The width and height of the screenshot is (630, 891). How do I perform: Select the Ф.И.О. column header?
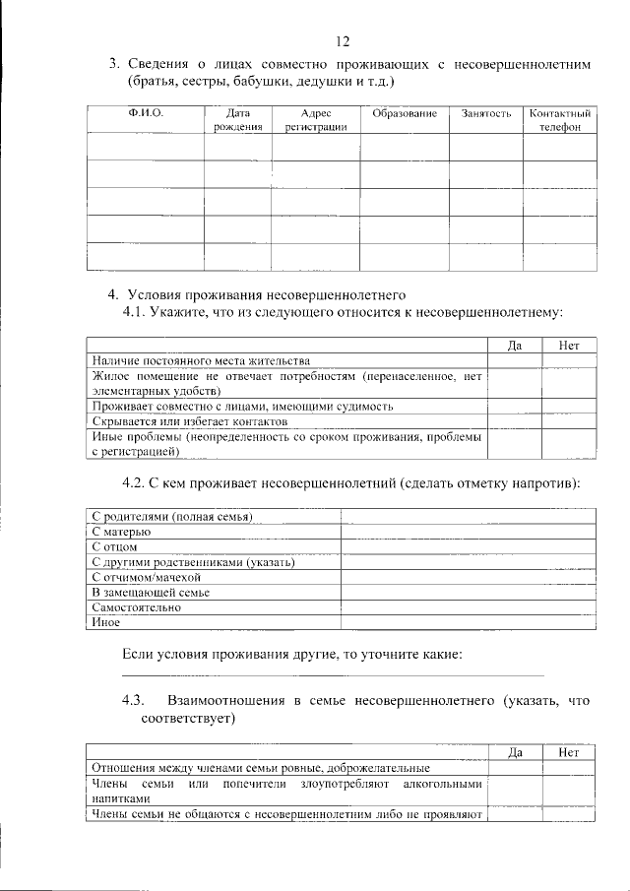(x=145, y=115)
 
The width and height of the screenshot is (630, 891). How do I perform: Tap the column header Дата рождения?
(x=237, y=121)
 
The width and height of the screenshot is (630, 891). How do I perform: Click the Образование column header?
(x=404, y=115)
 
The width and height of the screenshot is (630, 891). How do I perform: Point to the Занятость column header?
(x=485, y=115)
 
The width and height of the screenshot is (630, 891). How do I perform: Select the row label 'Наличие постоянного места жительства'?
(x=201, y=360)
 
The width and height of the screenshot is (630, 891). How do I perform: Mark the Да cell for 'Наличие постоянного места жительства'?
(x=514, y=360)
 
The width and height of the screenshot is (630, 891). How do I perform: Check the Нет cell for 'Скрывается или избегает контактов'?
(x=569, y=420)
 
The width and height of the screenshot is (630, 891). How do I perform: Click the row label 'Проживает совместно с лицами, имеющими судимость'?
(x=242, y=406)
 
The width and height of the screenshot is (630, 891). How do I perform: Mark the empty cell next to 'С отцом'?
(x=468, y=546)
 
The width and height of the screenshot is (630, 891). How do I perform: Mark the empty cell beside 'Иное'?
(x=468, y=622)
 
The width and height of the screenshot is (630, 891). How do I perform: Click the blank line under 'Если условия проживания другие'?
(x=332, y=675)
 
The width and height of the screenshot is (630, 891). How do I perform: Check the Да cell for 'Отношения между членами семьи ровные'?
(x=514, y=768)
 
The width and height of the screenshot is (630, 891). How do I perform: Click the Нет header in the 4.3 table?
(x=569, y=753)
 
